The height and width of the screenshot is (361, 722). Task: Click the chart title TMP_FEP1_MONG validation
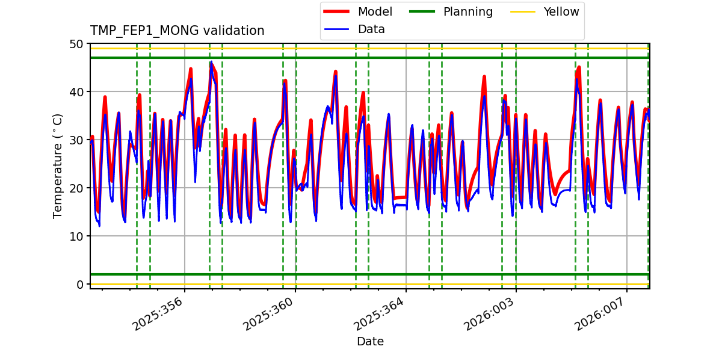pos(177,31)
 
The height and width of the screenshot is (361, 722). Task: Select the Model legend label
pos(375,11)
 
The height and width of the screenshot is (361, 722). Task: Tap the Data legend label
pos(371,29)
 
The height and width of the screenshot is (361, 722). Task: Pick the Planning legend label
pos(467,11)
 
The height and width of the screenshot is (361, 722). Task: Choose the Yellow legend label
pos(561,11)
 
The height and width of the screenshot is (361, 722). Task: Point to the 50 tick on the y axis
pos(76,44)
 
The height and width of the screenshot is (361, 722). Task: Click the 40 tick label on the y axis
pos(76,92)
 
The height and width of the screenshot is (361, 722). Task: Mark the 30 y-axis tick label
pos(76,140)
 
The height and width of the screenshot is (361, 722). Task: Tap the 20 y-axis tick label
pos(76,188)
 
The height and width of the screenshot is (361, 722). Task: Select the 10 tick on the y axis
pos(76,236)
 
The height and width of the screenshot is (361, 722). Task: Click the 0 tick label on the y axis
pos(79,285)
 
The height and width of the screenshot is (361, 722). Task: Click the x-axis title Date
pos(370,342)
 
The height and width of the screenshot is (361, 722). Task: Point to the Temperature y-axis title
pos(58,165)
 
